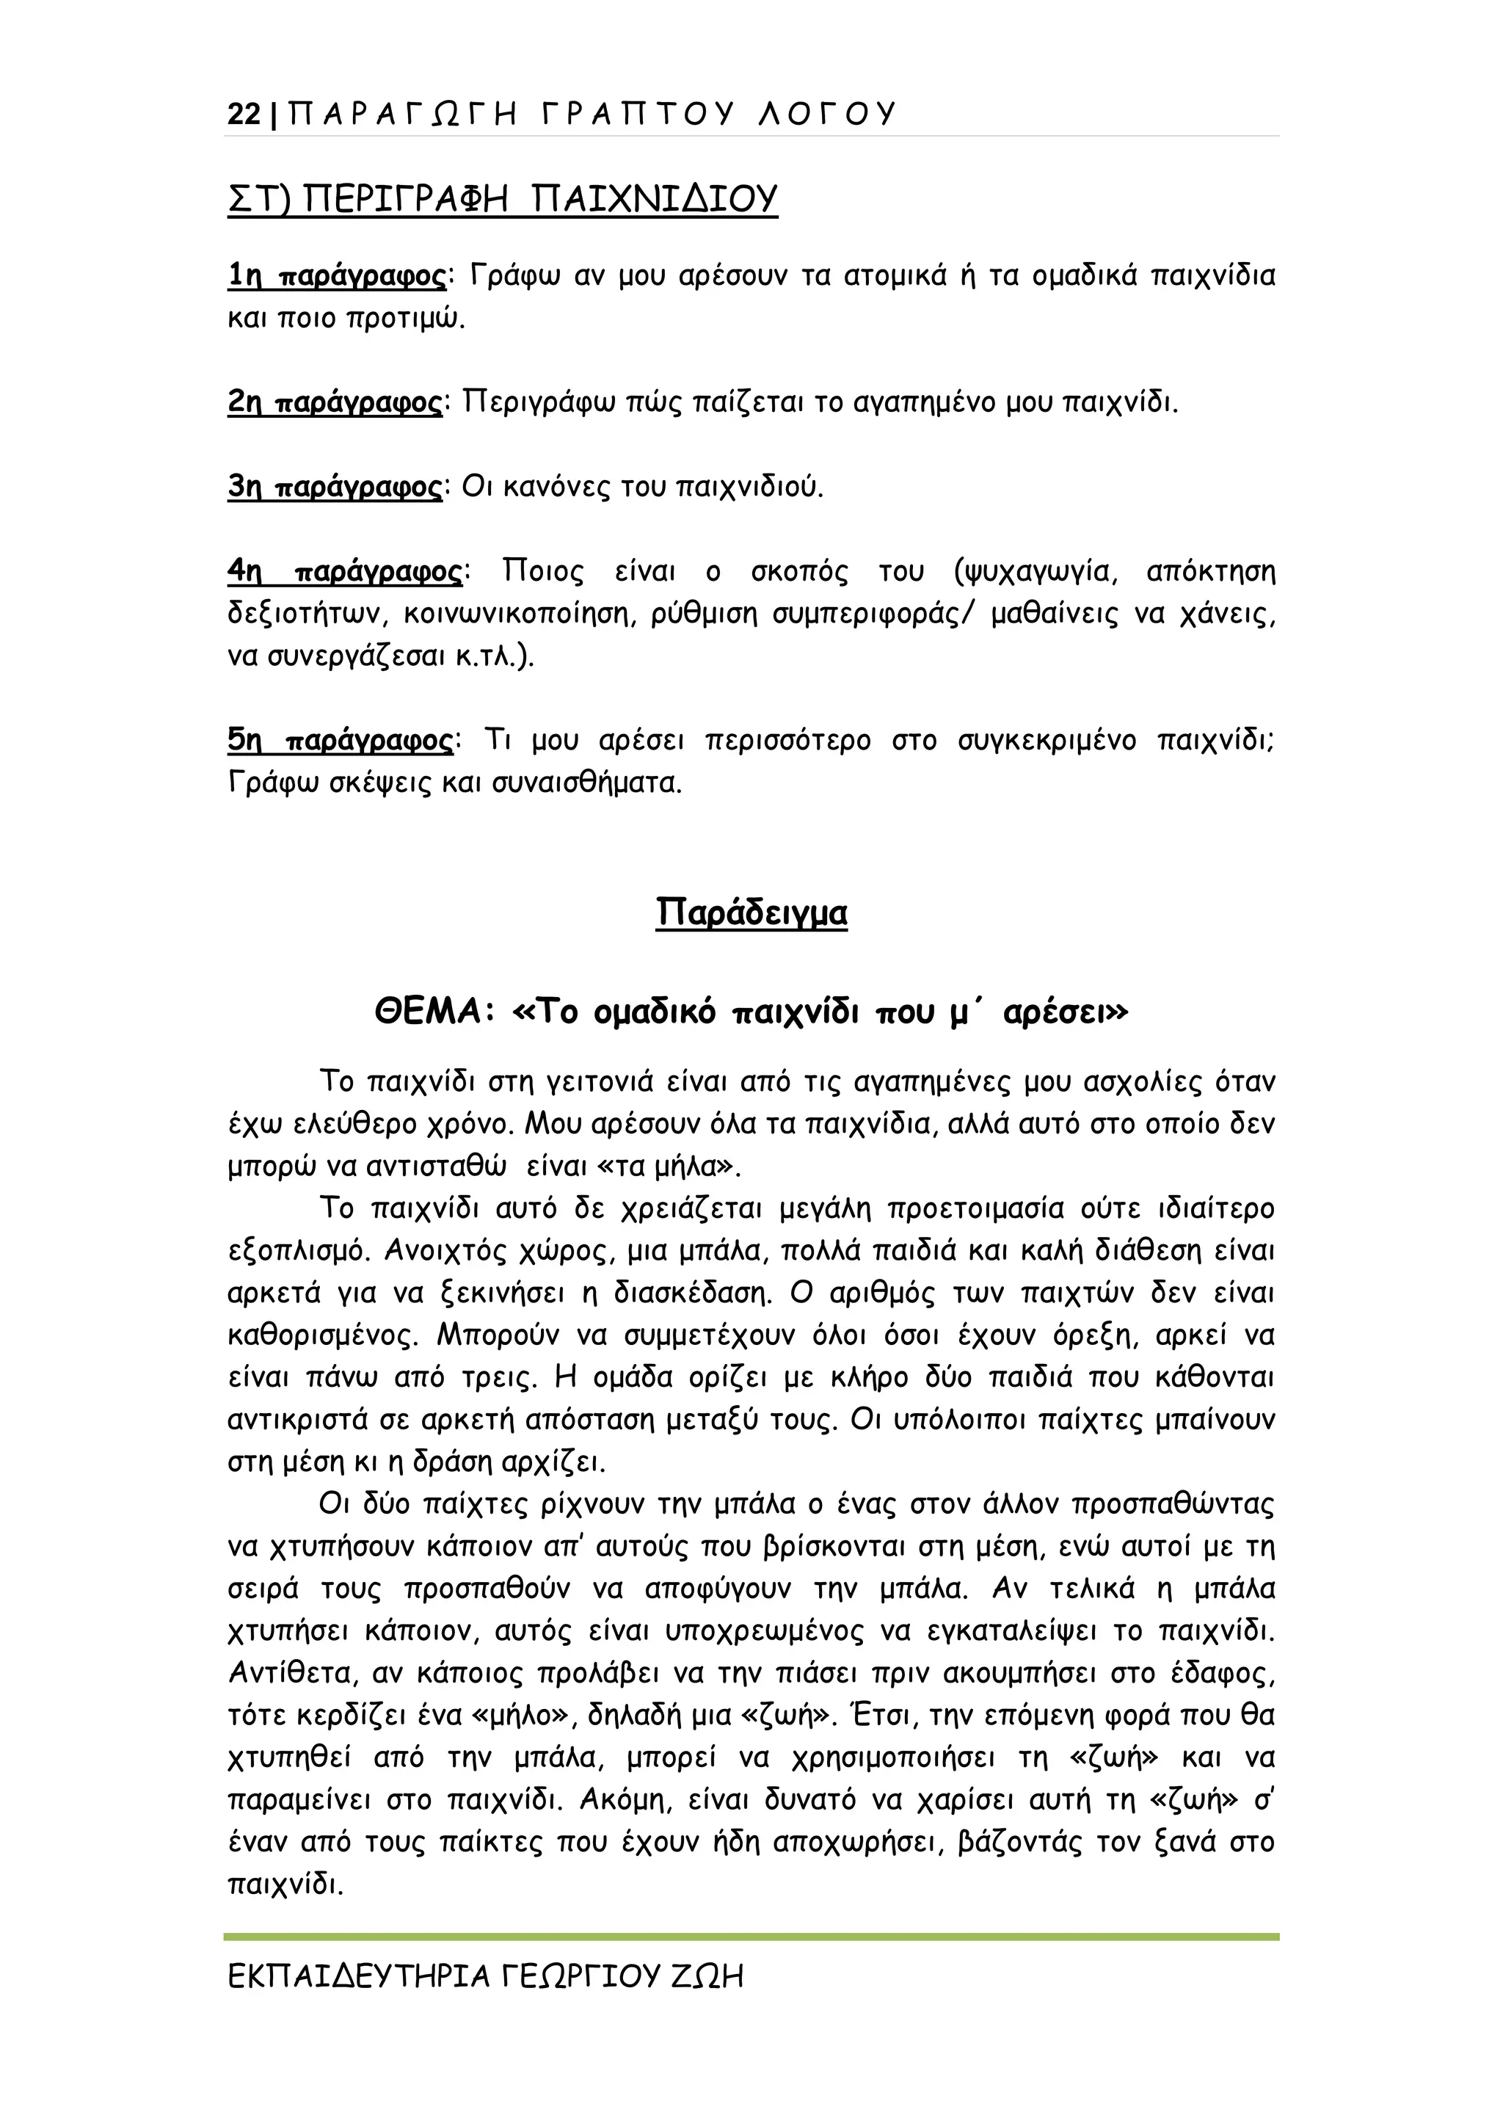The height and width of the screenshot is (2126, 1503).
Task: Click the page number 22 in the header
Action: [244, 114]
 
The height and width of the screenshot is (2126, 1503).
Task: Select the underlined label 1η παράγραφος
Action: [337, 276]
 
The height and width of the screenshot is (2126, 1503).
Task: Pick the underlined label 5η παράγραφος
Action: [340, 741]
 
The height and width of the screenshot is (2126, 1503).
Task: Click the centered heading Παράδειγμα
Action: [751, 912]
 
